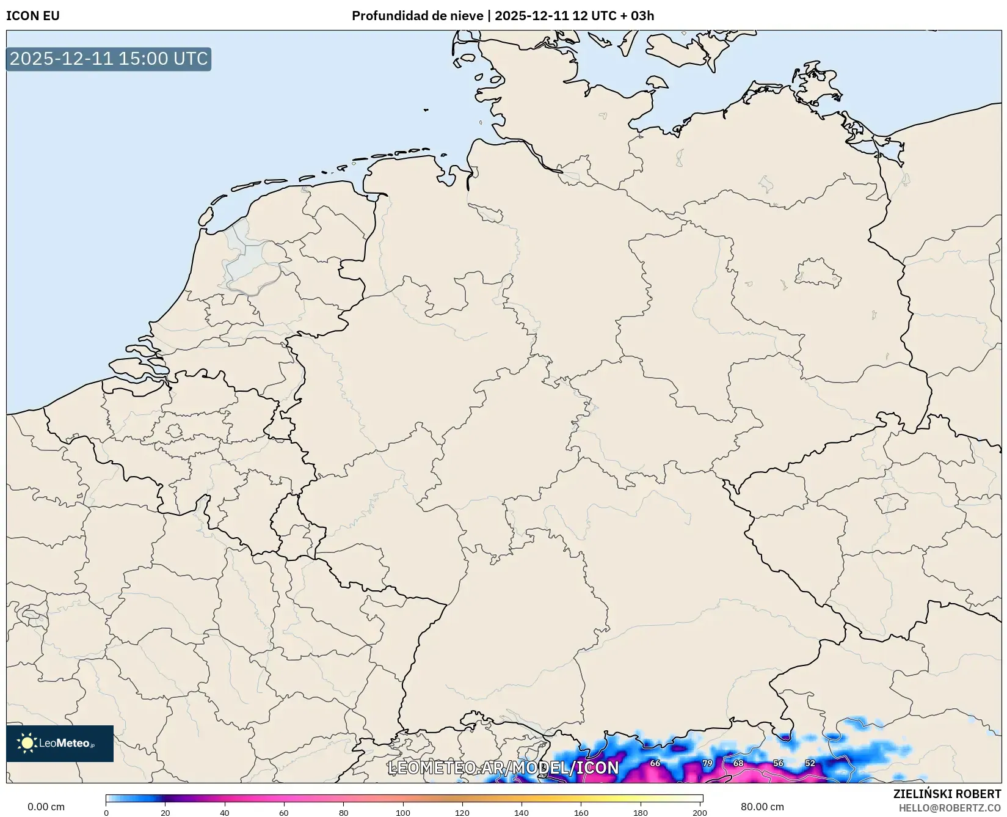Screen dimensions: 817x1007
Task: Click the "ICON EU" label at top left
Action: [33, 16]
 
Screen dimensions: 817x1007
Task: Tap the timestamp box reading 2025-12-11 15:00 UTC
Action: [109, 59]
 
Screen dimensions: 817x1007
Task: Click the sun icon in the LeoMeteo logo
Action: [27, 743]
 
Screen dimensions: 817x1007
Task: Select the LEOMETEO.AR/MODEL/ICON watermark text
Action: [503, 768]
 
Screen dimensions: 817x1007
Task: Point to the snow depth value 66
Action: [655, 763]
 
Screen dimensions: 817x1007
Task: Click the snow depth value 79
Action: [707, 763]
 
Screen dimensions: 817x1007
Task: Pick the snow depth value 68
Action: [738, 763]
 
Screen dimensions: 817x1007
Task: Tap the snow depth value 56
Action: [778, 763]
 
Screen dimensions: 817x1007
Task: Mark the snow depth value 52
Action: [810, 763]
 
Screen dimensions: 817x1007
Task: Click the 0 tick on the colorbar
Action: [106, 813]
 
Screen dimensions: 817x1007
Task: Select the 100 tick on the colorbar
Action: [403, 813]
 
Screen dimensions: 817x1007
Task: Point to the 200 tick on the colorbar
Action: [700, 813]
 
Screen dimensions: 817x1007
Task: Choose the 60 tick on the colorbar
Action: [284, 813]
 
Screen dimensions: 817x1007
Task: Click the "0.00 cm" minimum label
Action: [46, 807]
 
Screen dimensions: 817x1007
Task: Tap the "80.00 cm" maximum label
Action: [762, 807]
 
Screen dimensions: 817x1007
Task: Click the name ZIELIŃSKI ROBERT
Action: [947, 794]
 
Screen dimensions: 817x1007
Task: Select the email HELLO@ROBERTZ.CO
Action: [950, 808]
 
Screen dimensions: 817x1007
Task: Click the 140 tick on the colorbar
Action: [522, 813]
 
